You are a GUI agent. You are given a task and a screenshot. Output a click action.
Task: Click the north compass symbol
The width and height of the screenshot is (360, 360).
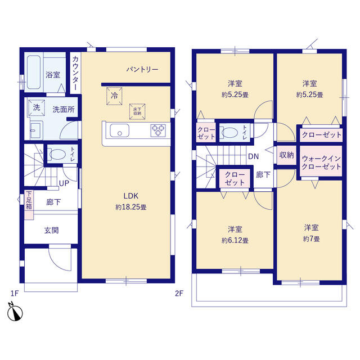pos(15,312)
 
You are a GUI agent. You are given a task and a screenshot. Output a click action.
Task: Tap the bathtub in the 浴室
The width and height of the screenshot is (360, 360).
pos(34,72)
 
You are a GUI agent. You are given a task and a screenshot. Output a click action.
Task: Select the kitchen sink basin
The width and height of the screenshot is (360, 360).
pos(119,130)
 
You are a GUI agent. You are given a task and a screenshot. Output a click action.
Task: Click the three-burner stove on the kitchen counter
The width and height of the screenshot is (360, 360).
pos(158,130)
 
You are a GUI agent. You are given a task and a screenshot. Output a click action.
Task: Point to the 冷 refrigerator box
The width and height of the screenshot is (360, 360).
pos(114,96)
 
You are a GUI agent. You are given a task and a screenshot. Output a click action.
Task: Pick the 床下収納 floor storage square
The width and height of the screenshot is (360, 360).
pos(137,111)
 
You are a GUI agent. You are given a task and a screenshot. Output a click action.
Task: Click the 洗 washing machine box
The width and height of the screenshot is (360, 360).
pos(37,107)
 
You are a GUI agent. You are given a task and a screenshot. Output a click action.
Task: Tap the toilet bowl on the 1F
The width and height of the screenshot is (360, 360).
pos(57,154)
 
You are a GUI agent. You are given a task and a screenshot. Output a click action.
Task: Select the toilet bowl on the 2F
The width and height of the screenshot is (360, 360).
pos(229,133)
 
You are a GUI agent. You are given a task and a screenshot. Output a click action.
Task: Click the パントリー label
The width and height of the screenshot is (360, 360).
pos(142,69)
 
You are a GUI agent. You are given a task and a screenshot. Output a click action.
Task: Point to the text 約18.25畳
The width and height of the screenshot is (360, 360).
pos(131,207)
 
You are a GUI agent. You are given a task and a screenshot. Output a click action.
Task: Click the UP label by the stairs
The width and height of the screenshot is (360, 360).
pos(64,183)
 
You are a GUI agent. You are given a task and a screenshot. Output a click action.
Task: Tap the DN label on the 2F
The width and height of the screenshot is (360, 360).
pos(254,156)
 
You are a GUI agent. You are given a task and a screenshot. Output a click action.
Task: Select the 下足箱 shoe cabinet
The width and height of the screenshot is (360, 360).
pos(29,205)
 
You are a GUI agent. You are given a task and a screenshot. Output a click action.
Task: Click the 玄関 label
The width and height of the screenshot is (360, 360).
pos(51,230)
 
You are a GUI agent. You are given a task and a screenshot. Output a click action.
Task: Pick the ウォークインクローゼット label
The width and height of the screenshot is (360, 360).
pos(321,163)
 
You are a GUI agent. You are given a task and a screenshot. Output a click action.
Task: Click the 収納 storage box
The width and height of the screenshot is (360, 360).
pos(286,155)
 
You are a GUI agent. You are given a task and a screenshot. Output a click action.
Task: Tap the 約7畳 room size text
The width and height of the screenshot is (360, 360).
pos(311,238)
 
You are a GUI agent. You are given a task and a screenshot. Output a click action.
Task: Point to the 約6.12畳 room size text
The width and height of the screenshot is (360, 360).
pos(235,240)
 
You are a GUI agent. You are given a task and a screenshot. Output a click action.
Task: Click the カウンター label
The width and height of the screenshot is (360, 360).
pos(75,73)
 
